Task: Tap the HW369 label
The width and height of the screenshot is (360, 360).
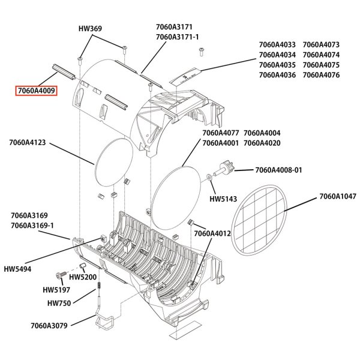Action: [91, 28]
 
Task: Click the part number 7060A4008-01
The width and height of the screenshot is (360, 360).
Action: [278, 170]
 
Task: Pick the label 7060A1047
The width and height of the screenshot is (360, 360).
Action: [337, 196]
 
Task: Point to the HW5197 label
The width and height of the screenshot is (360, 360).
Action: [57, 290]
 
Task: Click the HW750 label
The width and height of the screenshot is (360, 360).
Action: [59, 304]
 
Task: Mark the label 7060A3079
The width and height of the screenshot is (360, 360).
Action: [51, 326]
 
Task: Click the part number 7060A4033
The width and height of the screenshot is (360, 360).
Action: [277, 44]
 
